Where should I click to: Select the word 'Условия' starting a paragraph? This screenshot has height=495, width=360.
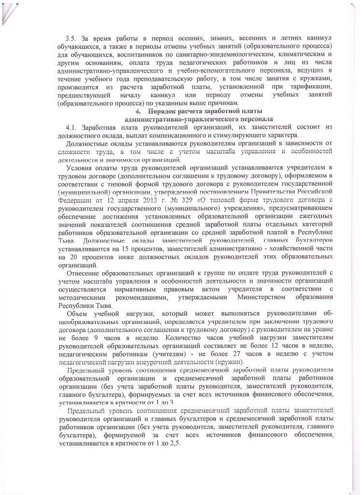(81, 168)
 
